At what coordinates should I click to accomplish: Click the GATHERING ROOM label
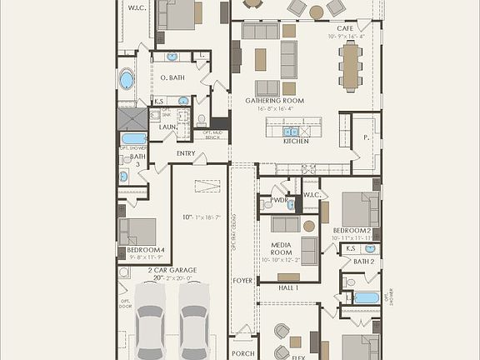point(274,101)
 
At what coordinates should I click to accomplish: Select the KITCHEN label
point(296,141)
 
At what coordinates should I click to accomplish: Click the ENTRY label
point(187,153)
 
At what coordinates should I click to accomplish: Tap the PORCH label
point(242,353)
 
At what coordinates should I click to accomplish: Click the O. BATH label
point(172,77)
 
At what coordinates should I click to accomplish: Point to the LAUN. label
point(168,127)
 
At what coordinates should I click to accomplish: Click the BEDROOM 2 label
point(352,230)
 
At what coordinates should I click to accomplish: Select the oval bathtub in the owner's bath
point(127,81)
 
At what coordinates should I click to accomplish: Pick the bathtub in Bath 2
point(366,297)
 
